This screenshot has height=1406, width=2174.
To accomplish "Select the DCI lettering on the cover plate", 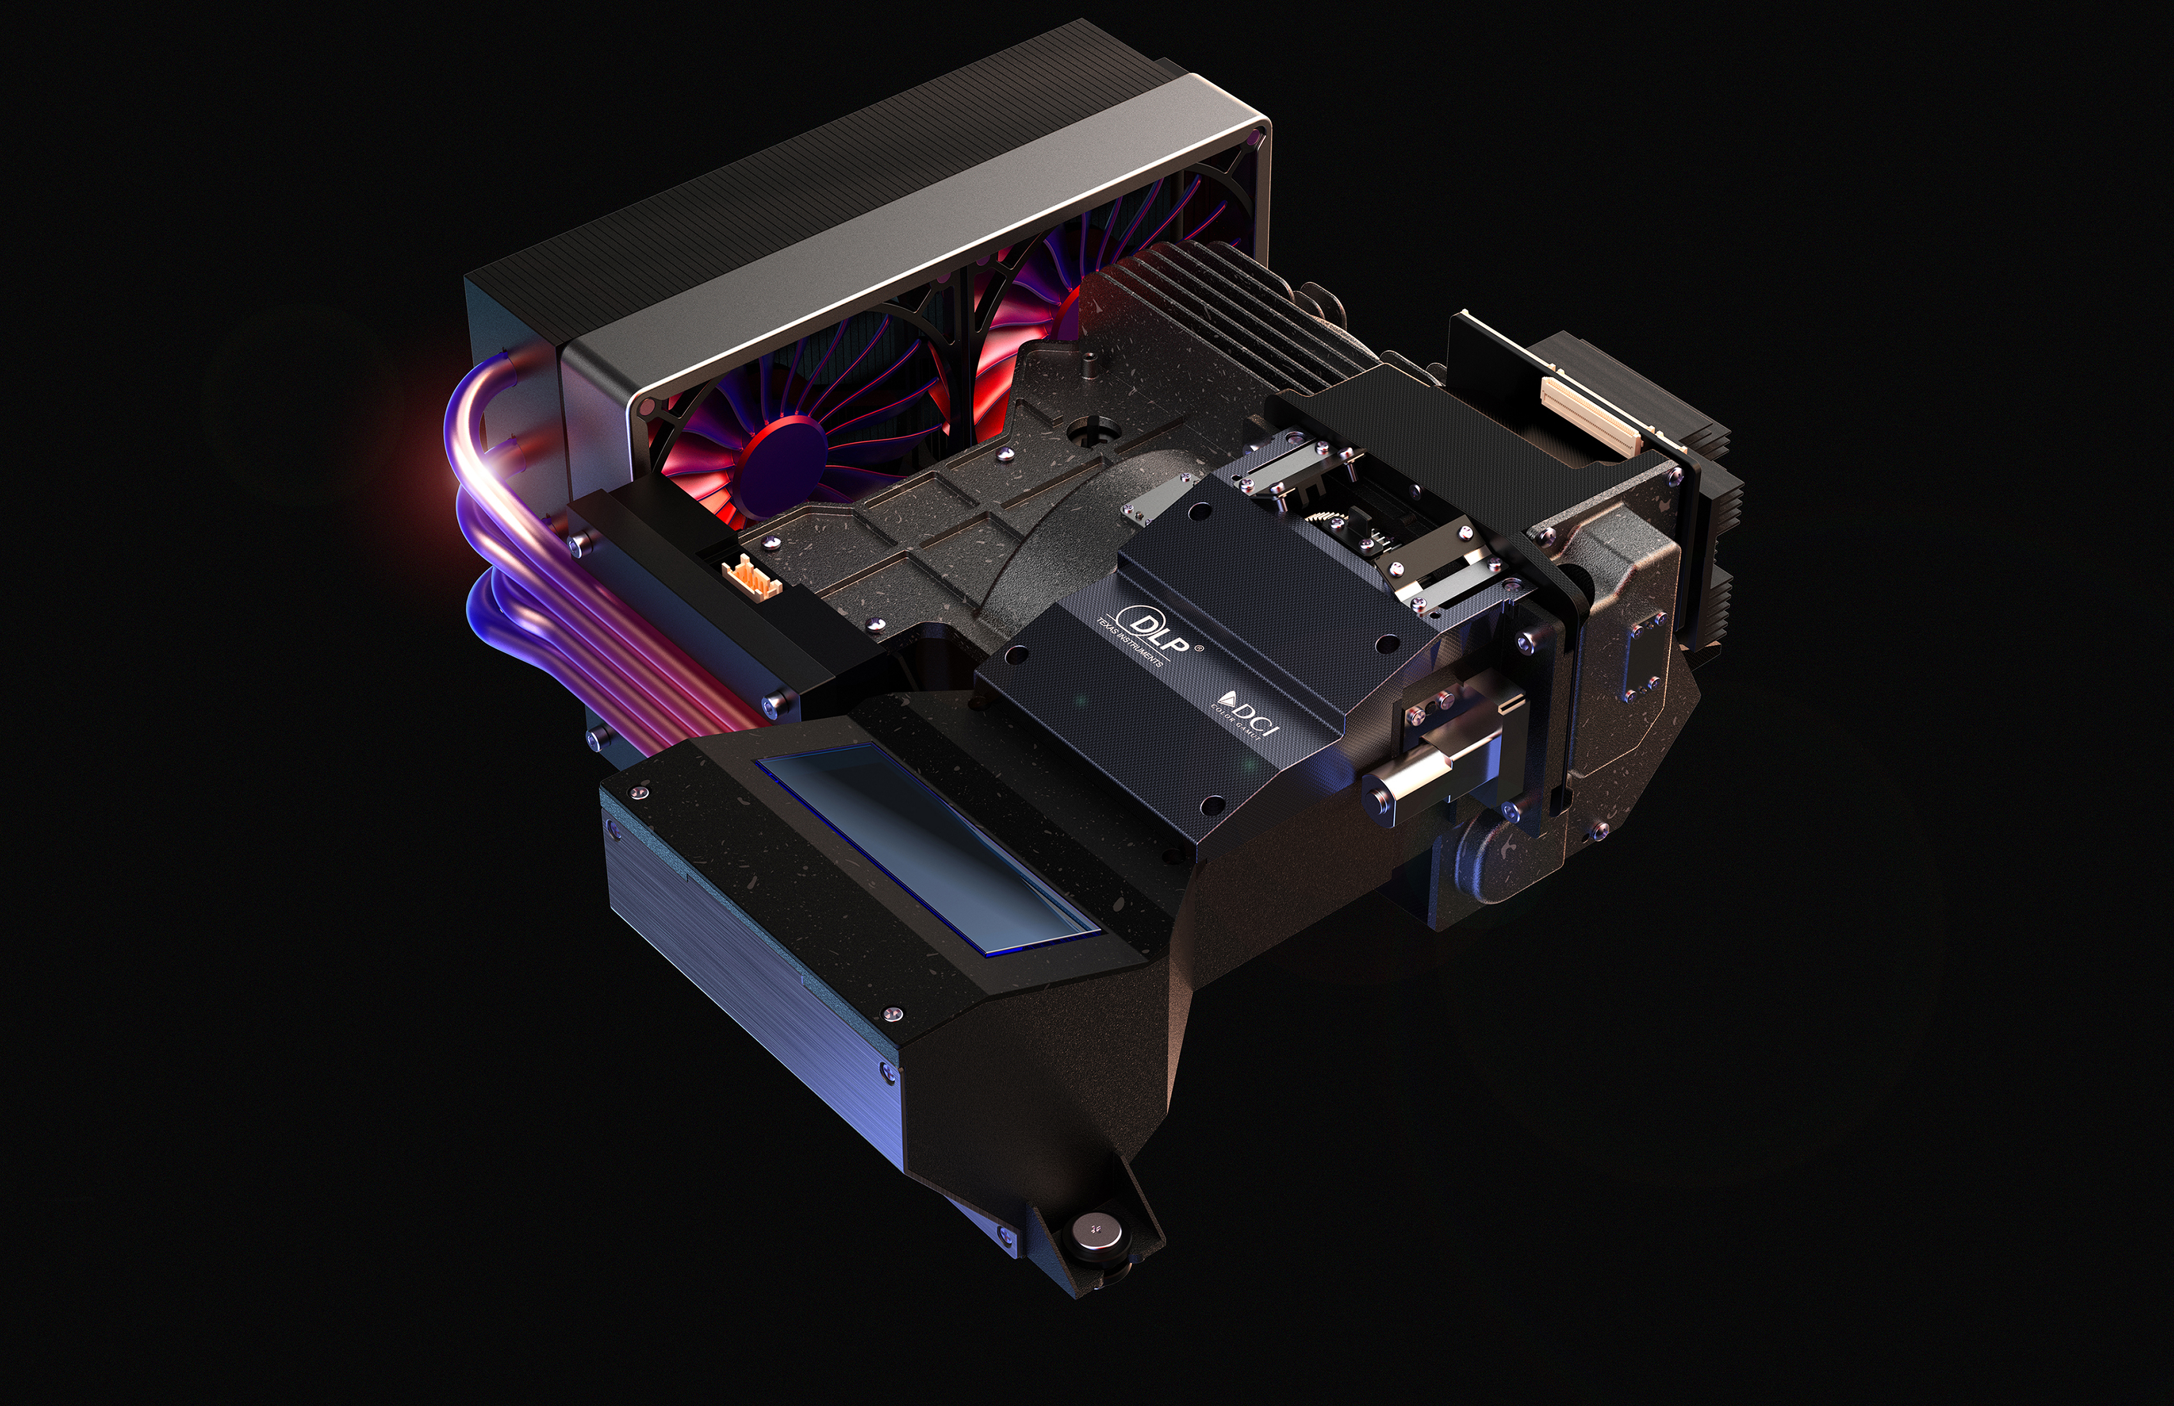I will click(x=1256, y=715).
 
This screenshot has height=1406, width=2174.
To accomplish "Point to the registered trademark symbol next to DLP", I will click(x=1199, y=649).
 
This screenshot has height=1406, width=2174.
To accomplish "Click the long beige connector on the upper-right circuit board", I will click(x=1588, y=415).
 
